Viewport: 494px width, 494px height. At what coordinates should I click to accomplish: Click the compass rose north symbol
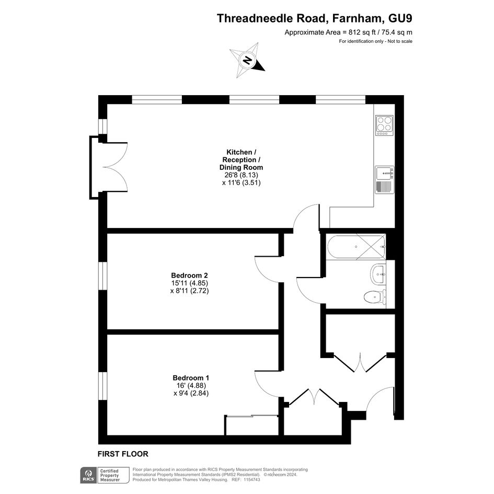coord(247,60)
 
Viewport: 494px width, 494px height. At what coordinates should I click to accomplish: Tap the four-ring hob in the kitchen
coord(384,125)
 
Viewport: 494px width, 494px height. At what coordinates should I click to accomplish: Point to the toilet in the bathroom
coord(374,297)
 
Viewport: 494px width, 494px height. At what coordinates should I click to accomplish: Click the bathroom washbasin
coord(378,274)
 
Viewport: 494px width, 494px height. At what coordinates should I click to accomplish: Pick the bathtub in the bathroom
coord(357,247)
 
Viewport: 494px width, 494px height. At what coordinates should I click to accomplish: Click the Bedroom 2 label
coord(189,275)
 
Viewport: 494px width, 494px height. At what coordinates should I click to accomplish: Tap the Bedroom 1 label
coord(191,378)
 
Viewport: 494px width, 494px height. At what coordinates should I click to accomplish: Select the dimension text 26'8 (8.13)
coord(242,175)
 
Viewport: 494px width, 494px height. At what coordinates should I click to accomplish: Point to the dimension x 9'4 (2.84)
coord(191,393)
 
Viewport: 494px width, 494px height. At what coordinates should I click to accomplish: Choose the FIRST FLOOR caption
coord(123,454)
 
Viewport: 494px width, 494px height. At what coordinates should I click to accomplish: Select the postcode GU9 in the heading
coord(400,18)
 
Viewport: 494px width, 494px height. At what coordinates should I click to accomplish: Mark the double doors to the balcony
coord(115,167)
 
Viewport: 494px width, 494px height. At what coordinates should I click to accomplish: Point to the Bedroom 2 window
coord(102,277)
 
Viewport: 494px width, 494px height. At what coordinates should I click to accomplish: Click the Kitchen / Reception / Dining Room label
coord(242,160)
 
